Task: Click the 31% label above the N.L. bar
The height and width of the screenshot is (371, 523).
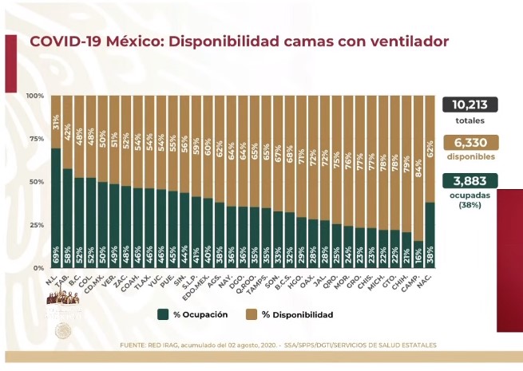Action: (x=56, y=122)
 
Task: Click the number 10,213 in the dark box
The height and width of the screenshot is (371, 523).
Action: (x=470, y=104)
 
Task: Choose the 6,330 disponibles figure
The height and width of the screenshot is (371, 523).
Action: (x=470, y=141)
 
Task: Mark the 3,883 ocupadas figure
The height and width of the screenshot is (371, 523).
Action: (x=470, y=180)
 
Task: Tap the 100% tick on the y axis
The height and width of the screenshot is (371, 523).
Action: (x=34, y=96)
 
